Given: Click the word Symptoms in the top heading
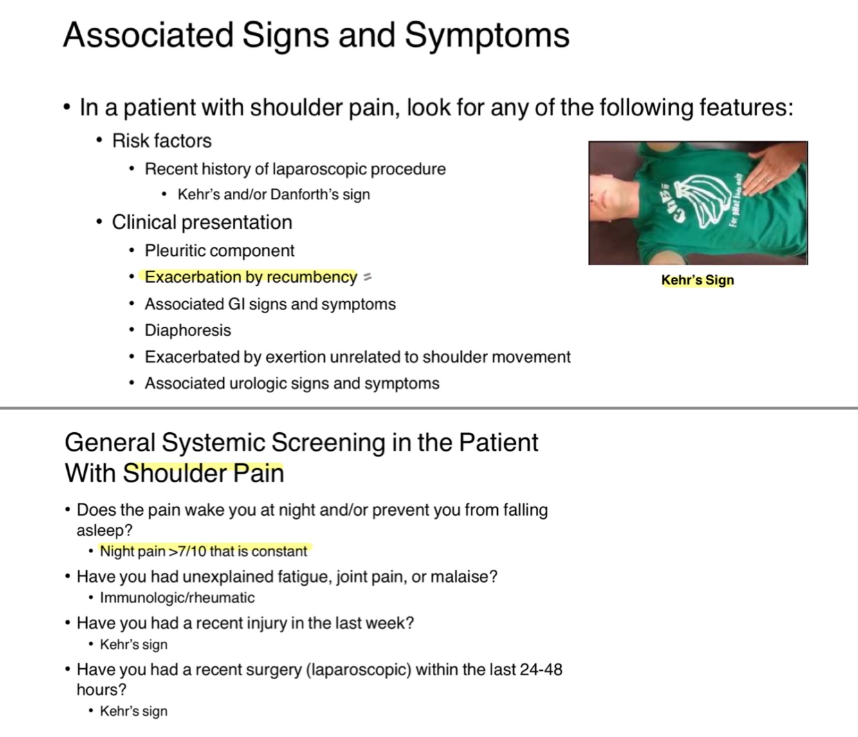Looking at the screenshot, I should (487, 35).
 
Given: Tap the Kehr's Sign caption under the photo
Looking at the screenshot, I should (697, 280).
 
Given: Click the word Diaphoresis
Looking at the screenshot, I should (187, 330).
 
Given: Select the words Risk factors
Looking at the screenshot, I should (161, 141).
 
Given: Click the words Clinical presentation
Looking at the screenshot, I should (201, 223).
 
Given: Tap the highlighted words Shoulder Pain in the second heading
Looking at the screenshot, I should (203, 473).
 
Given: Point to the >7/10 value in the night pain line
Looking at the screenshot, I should (187, 552).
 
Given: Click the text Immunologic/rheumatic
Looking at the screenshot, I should (177, 597).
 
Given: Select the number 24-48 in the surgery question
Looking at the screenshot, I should (541, 669).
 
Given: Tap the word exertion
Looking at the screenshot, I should (295, 357).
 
